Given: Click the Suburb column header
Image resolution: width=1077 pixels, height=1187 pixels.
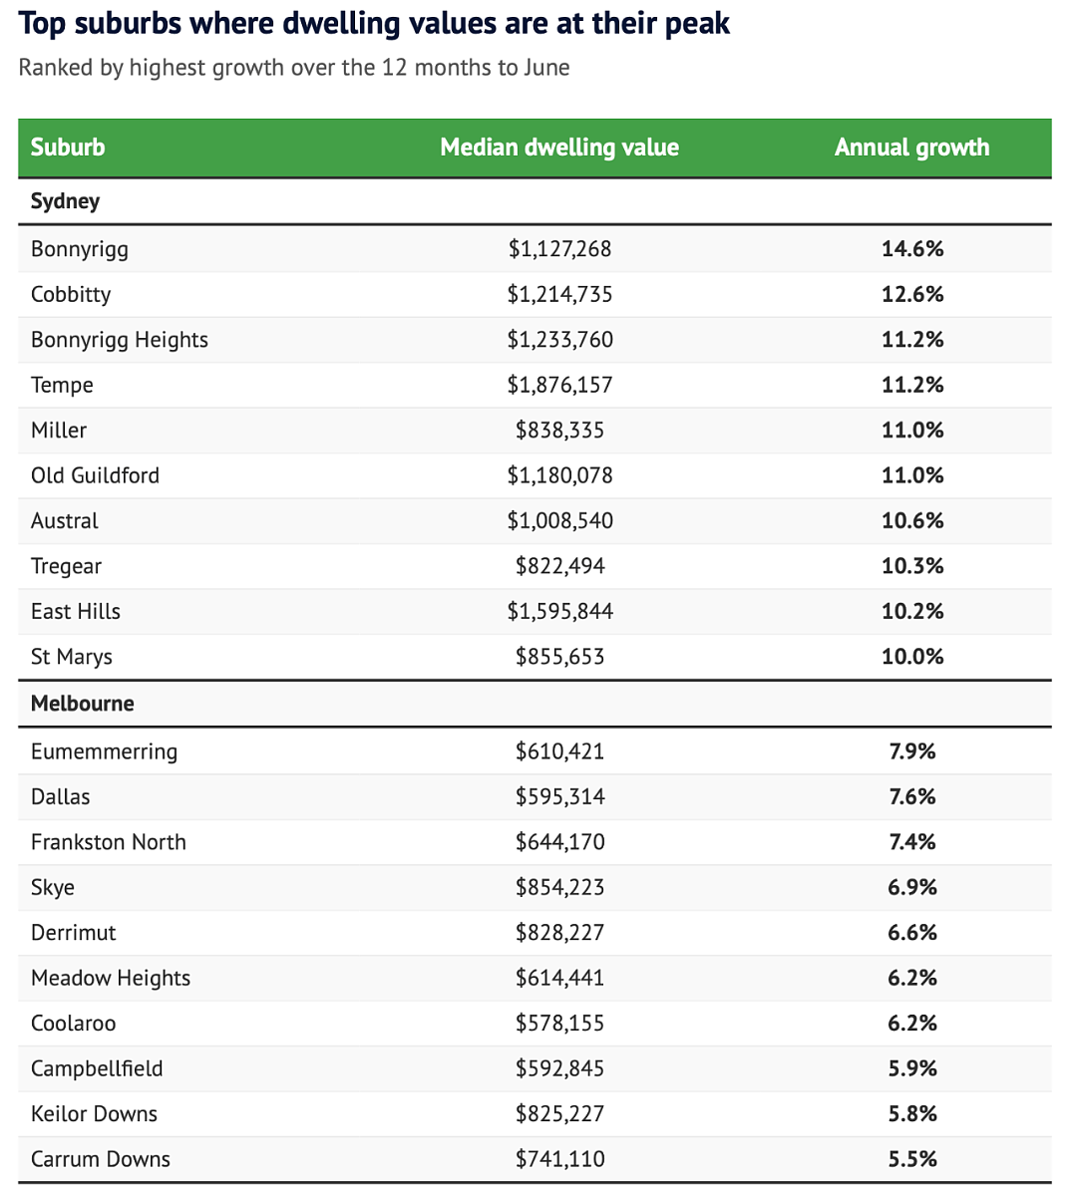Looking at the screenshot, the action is tap(68, 147).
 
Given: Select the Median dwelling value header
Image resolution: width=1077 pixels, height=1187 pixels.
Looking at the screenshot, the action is tap(559, 147).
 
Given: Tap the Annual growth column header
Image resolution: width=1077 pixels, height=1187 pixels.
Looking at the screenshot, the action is tap(911, 147).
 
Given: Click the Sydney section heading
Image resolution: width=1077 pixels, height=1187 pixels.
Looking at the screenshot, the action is tap(65, 201).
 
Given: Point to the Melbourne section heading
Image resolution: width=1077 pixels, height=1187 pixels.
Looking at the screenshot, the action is tap(83, 704).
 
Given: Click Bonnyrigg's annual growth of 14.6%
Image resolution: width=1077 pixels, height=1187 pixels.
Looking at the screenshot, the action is tap(912, 248).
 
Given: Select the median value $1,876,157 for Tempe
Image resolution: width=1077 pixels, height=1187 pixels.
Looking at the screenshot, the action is tap(559, 385).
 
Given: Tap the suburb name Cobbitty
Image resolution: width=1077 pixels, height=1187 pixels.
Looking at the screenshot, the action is tap(71, 294).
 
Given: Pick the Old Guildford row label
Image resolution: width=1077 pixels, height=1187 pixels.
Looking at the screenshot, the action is tap(95, 475).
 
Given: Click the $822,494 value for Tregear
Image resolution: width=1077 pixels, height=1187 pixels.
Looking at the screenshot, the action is tap(559, 566).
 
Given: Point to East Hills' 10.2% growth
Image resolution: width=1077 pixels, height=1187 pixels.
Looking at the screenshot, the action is tap(912, 611).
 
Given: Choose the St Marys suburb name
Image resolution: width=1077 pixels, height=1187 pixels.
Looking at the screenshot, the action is tap(71, 657).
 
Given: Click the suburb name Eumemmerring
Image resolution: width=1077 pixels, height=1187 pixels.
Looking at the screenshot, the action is tap(104, 751).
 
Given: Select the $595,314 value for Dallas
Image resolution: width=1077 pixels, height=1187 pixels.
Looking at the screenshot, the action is tap(559, 796).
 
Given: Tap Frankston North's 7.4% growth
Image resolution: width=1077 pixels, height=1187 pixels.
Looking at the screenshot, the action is tap(912, 842).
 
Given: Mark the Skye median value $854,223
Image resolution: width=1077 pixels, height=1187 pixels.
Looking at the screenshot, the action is tap(559, 887).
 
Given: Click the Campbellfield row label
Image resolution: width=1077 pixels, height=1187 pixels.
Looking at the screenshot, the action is tap(96, 1068).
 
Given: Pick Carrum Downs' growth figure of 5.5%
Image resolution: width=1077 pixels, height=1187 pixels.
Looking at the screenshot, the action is tap(912, 1159).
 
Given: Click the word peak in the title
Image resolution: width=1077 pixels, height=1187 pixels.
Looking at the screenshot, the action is tap(697, 24).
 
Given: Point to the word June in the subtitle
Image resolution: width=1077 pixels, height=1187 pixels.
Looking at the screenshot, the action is tap(546, 68).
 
